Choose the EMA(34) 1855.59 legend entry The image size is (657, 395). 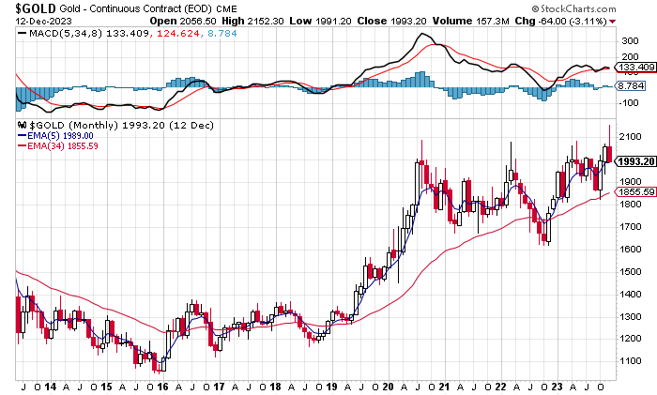pos(64,145)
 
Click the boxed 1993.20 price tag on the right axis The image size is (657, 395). pos(635,160)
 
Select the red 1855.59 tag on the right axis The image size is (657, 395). pos(635,191)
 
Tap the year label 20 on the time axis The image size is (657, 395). pos(388,386)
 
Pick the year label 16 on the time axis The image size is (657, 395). pos(162,386)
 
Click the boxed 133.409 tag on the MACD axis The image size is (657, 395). pos(635,67)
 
